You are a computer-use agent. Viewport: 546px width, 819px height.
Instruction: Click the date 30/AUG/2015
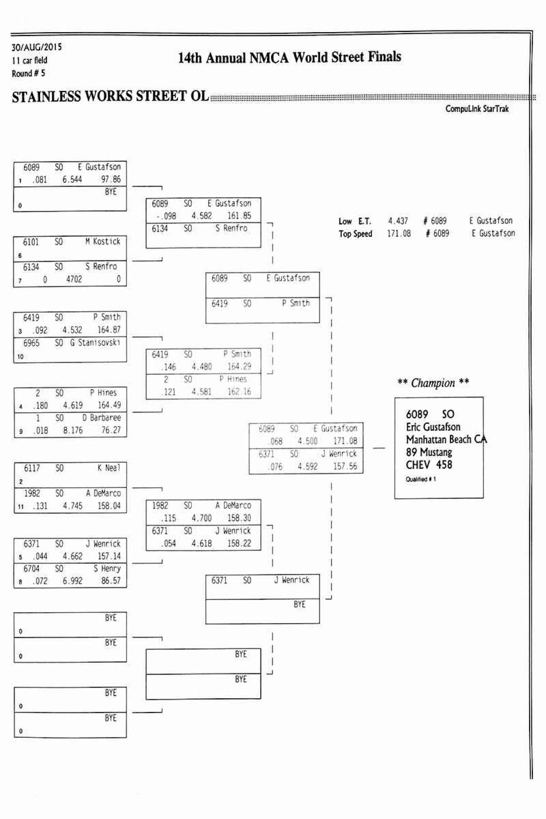coord(36,47)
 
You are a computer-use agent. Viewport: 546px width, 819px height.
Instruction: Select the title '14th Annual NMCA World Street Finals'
coord(289,58)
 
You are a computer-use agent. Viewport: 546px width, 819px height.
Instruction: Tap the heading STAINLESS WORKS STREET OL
coord(110,96)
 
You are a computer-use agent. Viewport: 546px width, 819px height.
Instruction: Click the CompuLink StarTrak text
coord(477,109)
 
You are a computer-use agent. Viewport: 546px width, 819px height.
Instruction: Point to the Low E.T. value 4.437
coord(398,221)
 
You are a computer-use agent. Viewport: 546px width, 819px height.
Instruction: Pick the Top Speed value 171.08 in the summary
coord(399,233)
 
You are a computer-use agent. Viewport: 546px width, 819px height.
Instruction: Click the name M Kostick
coord(103,242)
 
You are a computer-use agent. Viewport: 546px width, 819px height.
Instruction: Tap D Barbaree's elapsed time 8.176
coord(73,430)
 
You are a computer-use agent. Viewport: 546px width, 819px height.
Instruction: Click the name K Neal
coord(109,468)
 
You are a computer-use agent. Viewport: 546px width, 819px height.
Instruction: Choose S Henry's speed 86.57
coord(111,581)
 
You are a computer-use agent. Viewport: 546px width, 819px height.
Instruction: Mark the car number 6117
coord(32,468)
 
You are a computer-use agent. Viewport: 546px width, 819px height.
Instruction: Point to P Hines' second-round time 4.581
coord(201,392)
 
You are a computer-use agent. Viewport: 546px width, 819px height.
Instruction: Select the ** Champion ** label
coord(433,383)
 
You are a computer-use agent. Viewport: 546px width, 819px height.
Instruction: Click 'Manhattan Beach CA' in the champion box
coord(446,440)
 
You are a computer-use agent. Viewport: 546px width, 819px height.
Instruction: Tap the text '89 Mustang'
coord(429,452)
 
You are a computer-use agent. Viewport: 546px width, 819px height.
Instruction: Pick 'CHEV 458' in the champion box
coord(429,465)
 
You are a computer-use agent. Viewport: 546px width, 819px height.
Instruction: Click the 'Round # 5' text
coord(28,73)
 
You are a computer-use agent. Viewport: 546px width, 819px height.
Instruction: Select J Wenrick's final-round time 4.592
coord(308,466)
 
